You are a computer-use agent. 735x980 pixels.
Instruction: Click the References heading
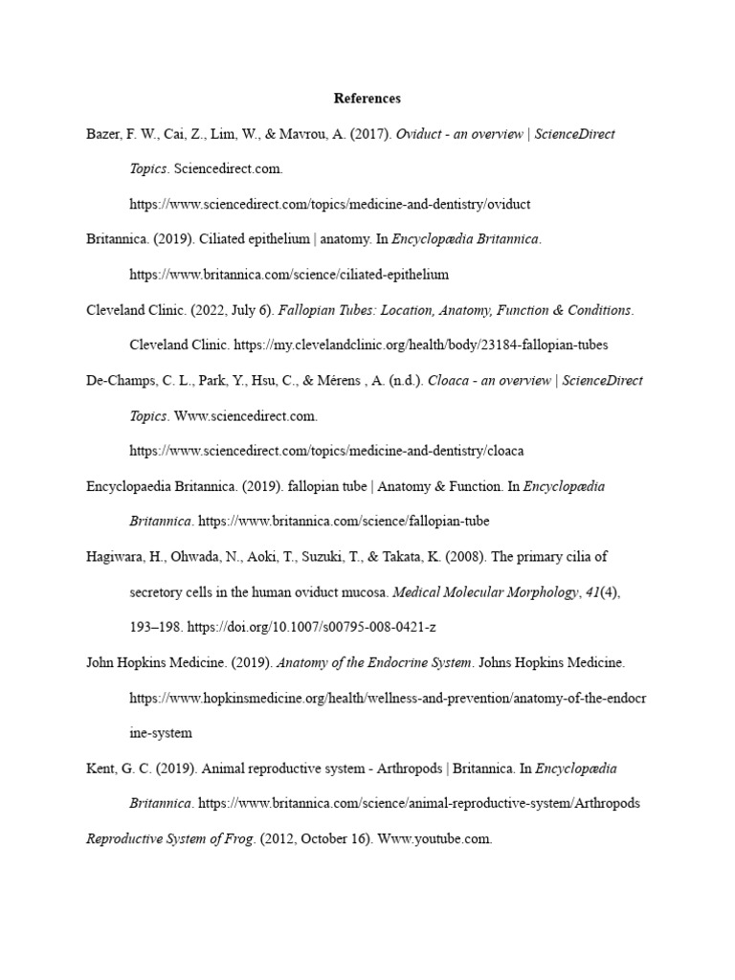pyautogui.click(x=367, y=99)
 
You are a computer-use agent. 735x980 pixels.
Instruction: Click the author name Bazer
pyautogui.click(x=104, y=134)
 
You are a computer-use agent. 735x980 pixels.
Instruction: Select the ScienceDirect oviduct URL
pyautogui.click(x=329, y=205)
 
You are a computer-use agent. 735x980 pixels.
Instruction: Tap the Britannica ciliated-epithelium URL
pyautogui.click(x=289, y=275)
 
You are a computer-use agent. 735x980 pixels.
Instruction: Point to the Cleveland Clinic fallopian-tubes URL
pyautogui.click(x=420, y=345)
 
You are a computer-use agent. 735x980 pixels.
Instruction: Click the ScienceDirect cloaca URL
pyautogui.click(x=326, y=451)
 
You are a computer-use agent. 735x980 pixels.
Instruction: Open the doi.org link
pyautogui.click(x=317, y=628)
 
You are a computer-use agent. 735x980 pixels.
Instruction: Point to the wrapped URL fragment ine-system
pyautogui.click(x=161, y=733)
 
